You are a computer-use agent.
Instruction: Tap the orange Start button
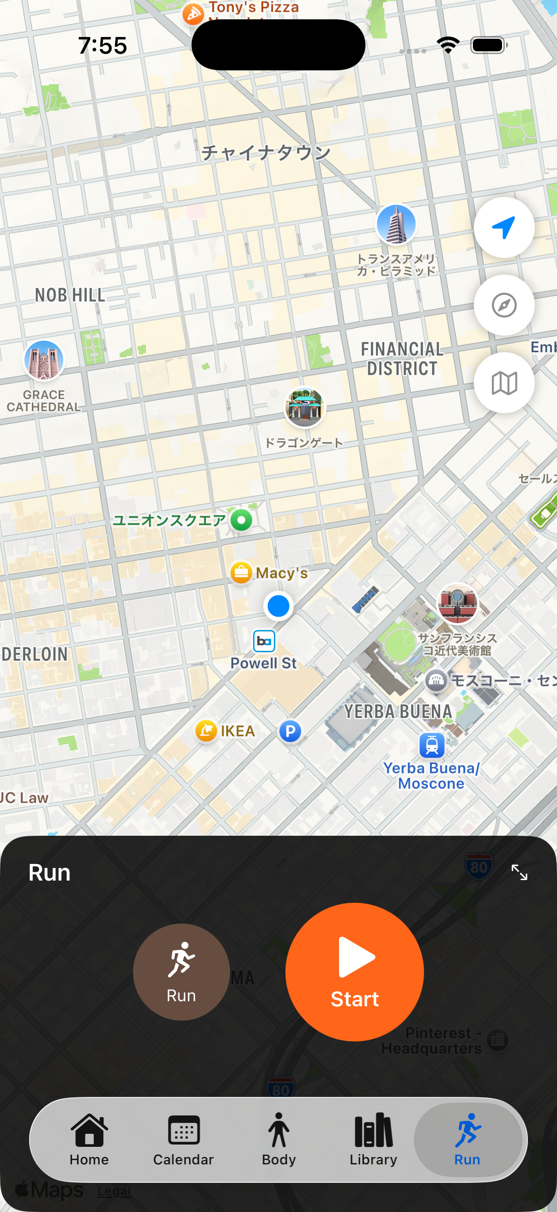tap(354, 972)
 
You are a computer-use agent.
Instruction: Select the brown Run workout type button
tap(181, 972)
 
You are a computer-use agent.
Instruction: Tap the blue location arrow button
tap(504, 228)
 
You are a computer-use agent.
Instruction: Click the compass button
tap(504, 306)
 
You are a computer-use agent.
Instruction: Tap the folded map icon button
tap(504, 383)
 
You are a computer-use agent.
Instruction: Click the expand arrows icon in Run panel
tap(519, 872)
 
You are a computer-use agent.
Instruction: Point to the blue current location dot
tap(278, 606)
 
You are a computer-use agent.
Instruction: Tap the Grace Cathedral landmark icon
tap(44, 361)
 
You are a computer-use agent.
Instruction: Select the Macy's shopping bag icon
tap(241, 573)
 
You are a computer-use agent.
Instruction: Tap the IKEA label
tap(237, 731)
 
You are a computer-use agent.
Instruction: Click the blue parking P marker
tap(291, 731)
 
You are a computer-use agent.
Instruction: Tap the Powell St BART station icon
tap(264, 641)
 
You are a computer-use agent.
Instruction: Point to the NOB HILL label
tap(70, 295)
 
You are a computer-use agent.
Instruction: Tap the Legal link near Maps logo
tap(114, 1191)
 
